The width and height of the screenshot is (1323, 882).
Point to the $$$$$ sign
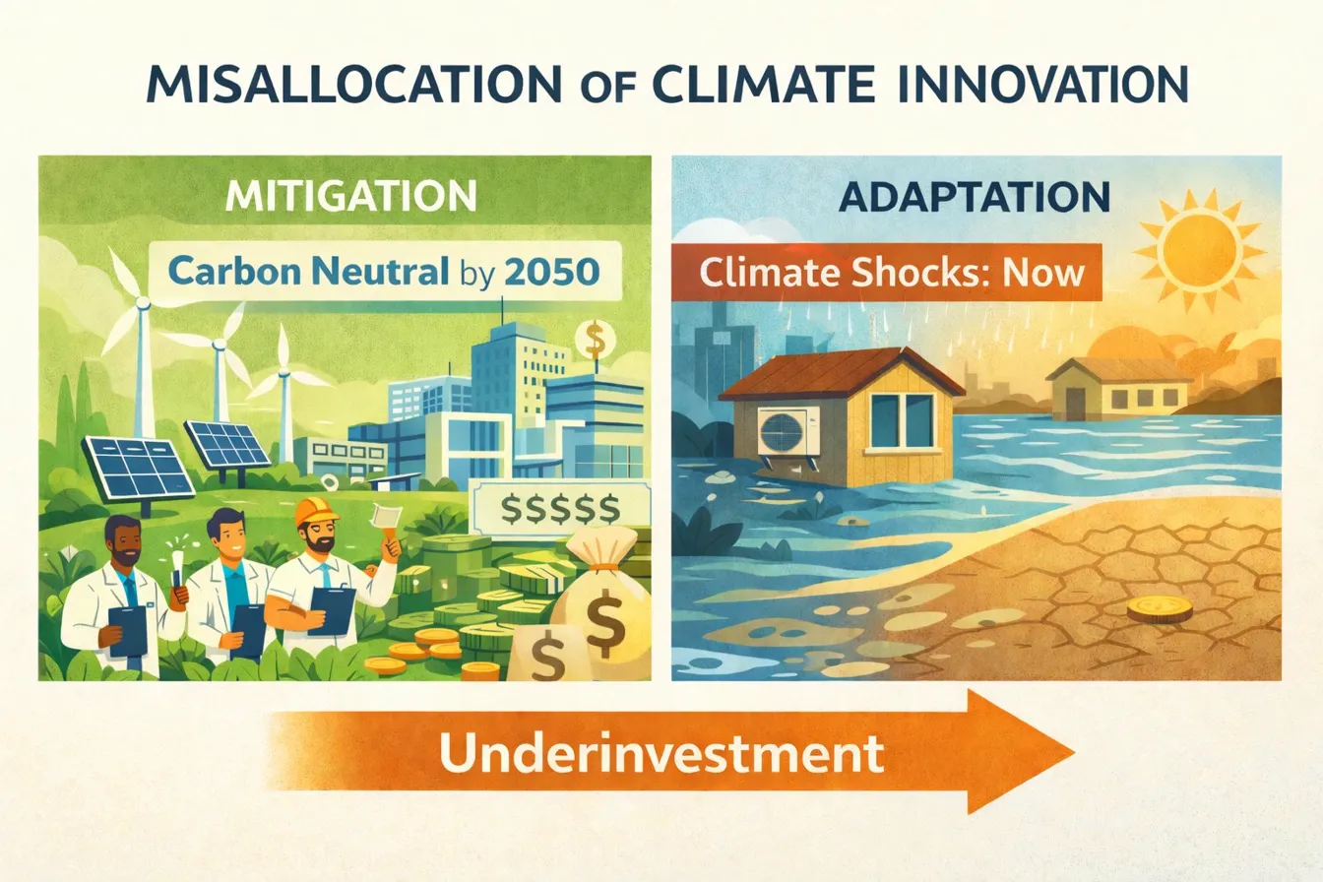(559, 509)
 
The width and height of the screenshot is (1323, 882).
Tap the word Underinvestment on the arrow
(661, 753)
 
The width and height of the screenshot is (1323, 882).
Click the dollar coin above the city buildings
(594, 340)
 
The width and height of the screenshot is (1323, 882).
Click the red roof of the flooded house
(838, 378)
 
